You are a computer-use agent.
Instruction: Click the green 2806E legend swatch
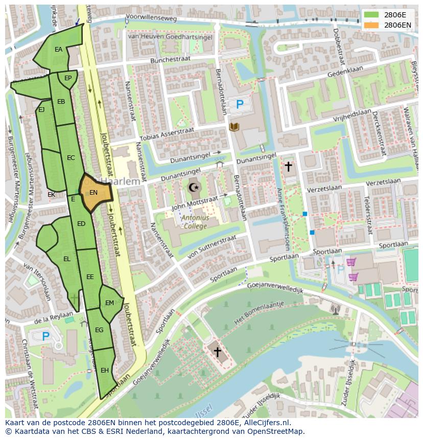[371, 15]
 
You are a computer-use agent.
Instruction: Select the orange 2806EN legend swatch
[371, 25]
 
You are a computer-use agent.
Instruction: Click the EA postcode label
[58, 50]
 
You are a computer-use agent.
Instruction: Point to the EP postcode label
[67, 78]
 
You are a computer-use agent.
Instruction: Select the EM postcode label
[109, 303]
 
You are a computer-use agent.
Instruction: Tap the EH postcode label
[104, 370]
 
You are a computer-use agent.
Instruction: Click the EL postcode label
[66, 259]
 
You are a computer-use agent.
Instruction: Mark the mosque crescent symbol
[194, 188]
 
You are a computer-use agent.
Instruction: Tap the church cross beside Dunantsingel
[288, 166]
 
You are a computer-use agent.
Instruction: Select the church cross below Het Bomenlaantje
[217, 352]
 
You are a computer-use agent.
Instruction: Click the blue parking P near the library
[240, 105]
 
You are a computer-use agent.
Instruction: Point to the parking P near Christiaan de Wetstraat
[45, 336]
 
